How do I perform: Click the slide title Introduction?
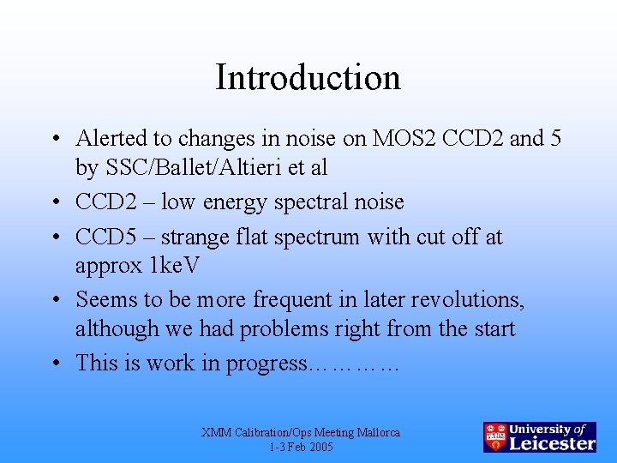coord(308,77)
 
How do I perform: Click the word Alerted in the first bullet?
coord(107,138)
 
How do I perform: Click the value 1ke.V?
coord(174,266)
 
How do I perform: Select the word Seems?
coord(106,299)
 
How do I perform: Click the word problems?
coord(286,329)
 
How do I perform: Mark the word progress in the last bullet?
coord(265,364)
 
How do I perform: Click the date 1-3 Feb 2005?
coord(300,448)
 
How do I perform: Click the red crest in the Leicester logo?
coord(494,437)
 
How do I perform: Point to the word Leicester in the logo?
coord(552,443)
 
